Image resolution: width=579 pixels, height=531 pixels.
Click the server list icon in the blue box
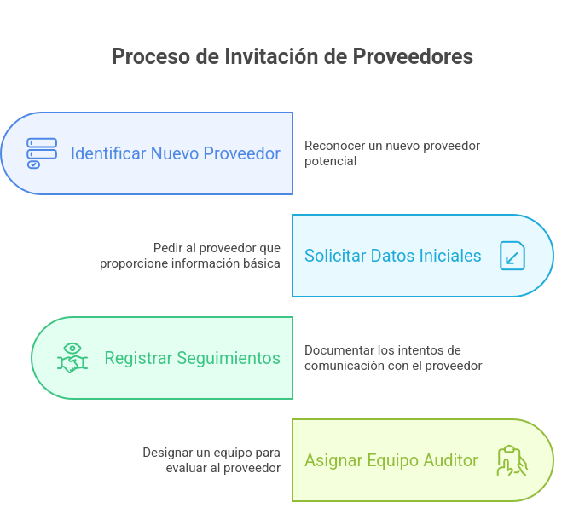pyautogui.click(x=42, y=153)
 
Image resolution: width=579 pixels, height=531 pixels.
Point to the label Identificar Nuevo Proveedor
pyautogui.click(x=175, y=153)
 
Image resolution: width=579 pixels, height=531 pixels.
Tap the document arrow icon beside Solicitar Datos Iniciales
pyautogui.click(x=512, y=256)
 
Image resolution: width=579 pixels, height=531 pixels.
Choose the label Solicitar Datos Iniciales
pyautogui.click(x=392, y=256)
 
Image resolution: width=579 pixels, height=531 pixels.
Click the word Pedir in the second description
pyautogui.click(x=167, y=248)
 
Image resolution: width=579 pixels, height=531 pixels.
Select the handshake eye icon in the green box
pyautogui.click(x=72, y=358)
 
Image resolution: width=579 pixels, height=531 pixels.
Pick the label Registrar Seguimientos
pyautogui.click(x=192, y=358)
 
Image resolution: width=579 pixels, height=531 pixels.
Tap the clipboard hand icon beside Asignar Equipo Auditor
pyautogui.click(x=512, y=460)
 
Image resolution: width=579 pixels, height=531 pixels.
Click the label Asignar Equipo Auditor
pyautogui.click(x=391, y=460)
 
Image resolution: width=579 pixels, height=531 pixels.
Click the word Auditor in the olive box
pyautogui.click(x=450, y=460)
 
